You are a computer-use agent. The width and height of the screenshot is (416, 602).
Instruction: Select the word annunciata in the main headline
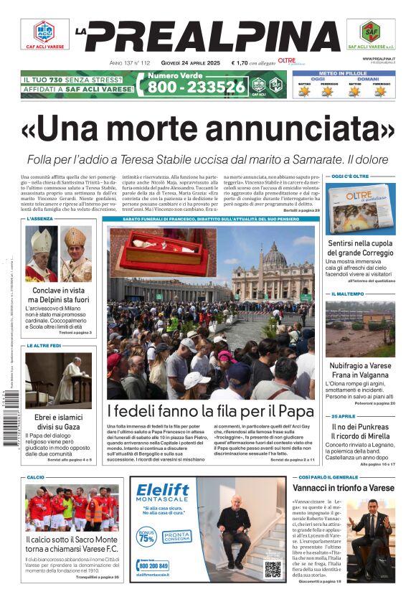pos(287,128)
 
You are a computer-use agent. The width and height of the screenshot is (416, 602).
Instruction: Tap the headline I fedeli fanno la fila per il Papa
pos(211,411)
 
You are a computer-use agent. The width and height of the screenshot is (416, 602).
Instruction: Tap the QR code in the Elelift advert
pos(272,569)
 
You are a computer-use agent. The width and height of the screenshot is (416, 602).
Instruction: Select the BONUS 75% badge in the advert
pos(146,537)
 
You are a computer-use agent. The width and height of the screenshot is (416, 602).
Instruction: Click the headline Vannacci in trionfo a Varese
pos(344,488)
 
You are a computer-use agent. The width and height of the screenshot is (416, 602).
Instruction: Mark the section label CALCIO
pos(36,477)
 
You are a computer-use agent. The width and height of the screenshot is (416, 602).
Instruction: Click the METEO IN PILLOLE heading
pos(344,72)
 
